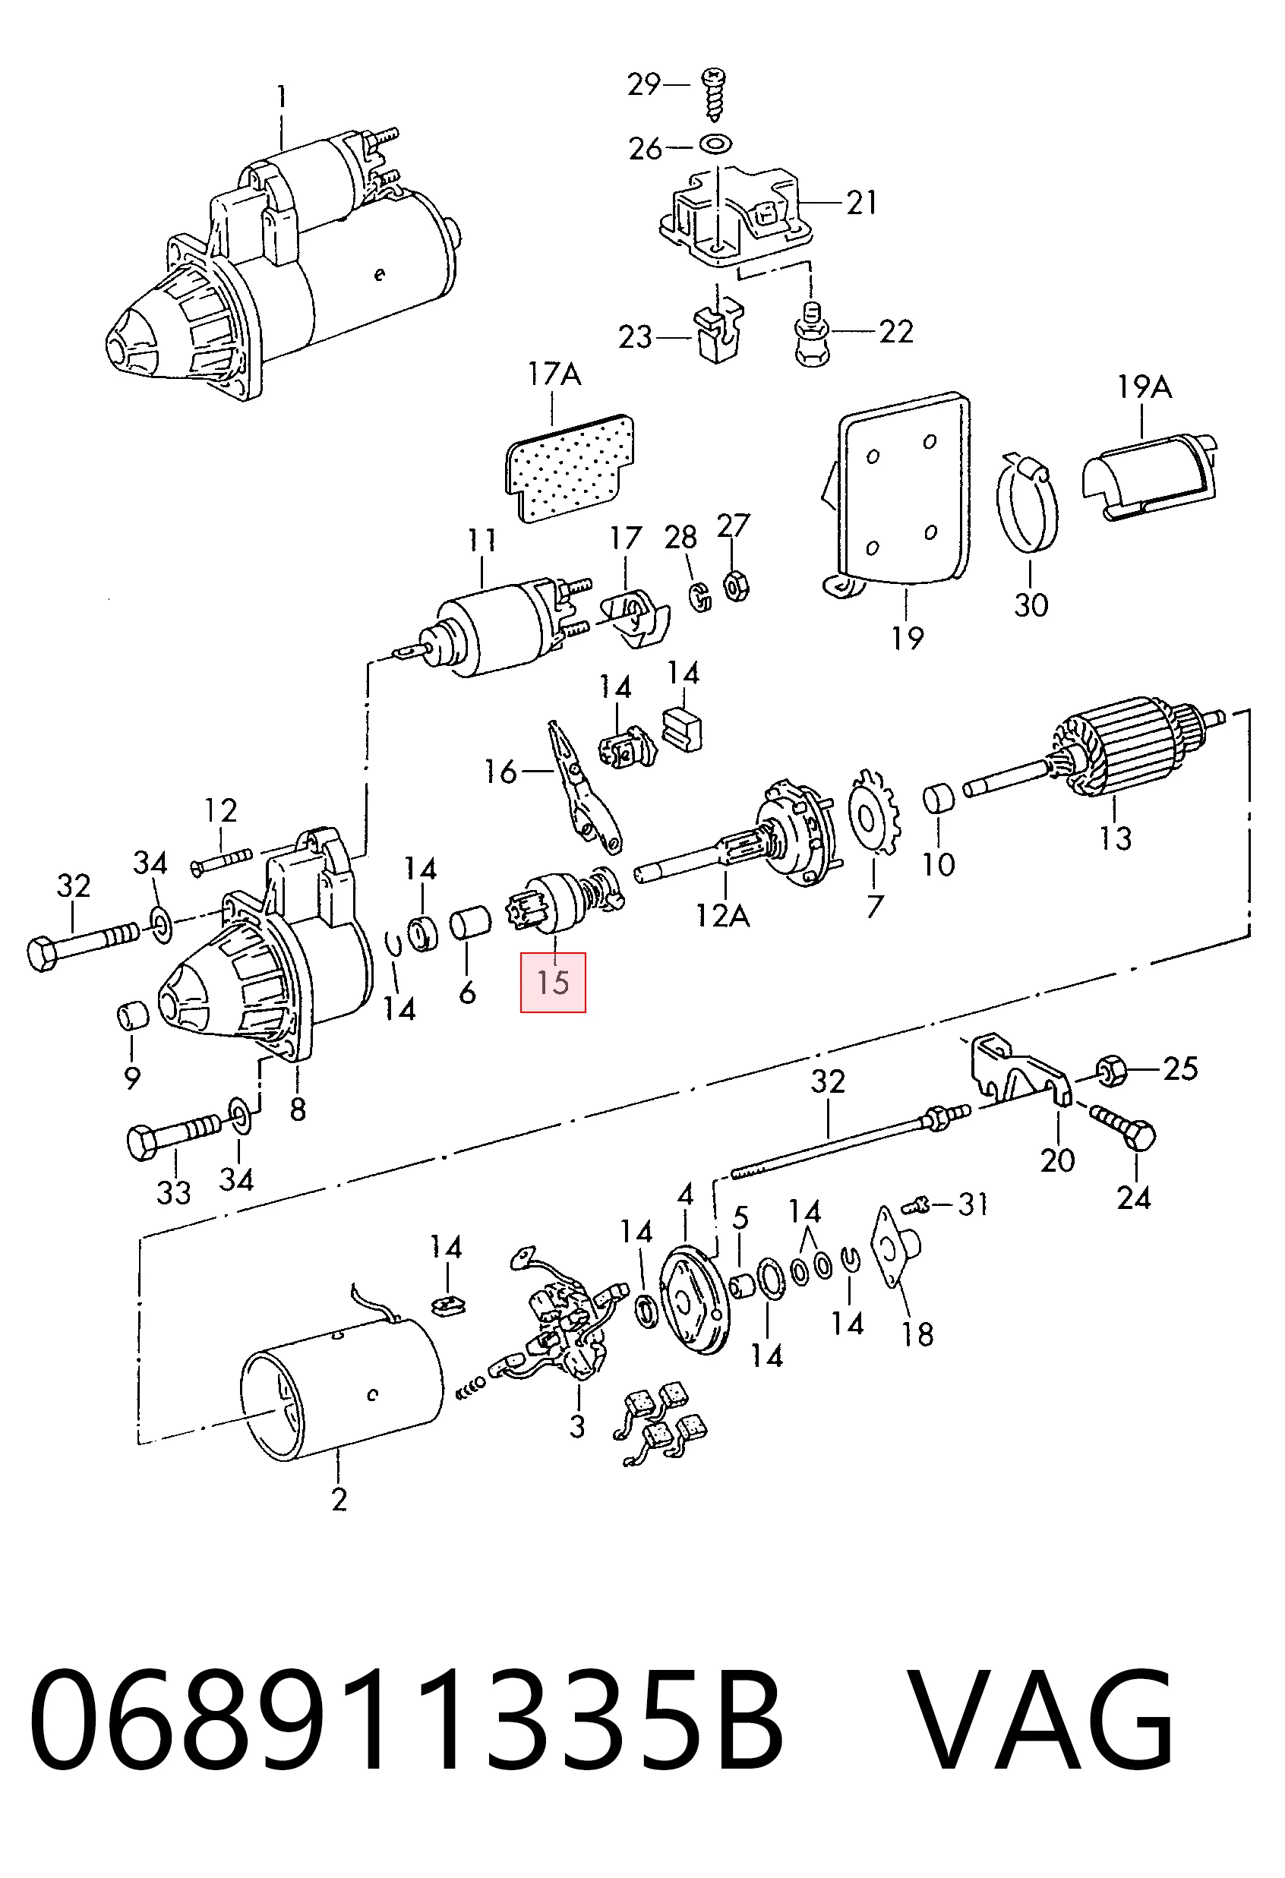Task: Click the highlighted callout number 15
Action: (553, 983)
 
